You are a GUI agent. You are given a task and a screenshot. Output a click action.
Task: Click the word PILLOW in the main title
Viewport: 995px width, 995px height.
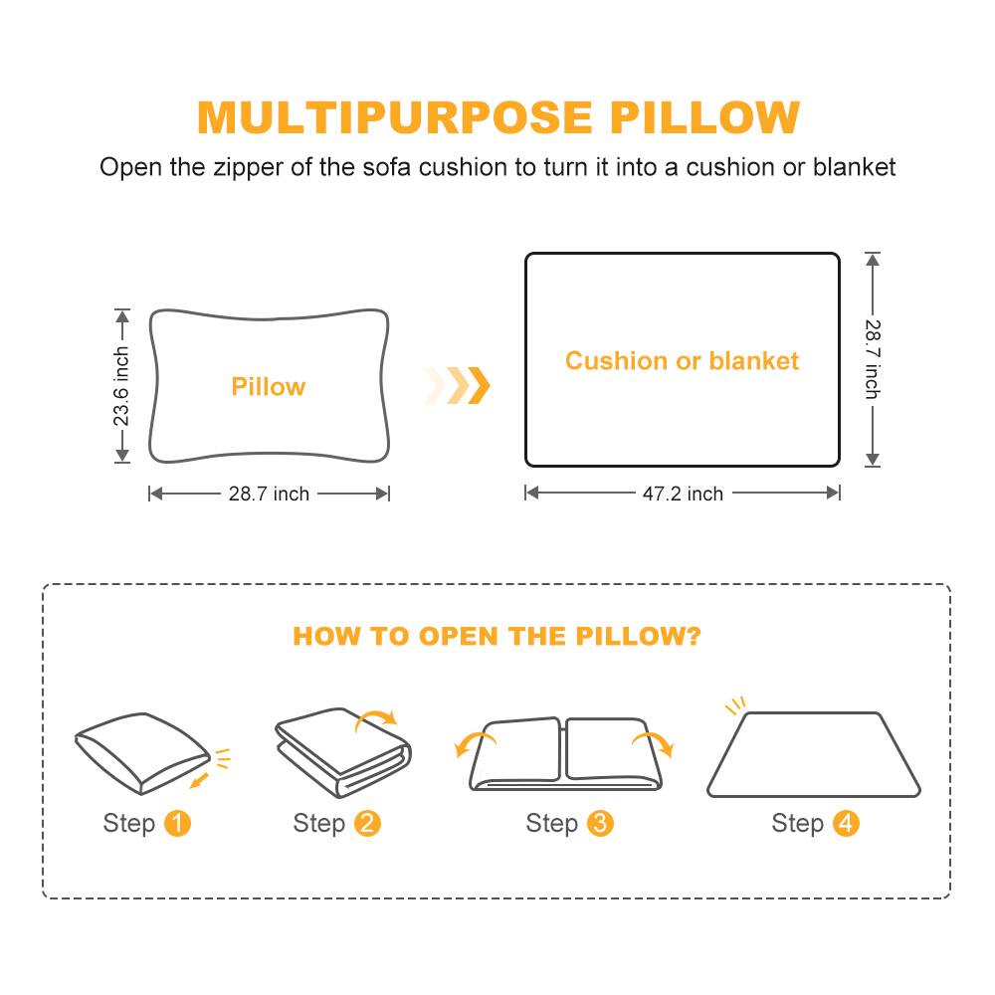coord(704,117)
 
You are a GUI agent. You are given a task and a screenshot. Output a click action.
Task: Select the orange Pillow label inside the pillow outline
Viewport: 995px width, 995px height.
coord(269,387)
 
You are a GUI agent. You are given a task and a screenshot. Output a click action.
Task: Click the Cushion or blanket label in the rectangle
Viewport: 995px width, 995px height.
coord(682,360)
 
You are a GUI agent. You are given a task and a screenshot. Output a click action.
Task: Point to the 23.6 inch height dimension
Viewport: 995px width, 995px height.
coord(121,386)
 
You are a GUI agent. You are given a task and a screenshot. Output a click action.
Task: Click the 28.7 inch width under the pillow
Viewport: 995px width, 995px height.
coord(269,494)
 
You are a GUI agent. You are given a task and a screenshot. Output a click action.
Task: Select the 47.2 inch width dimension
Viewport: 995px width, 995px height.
coord(683,494)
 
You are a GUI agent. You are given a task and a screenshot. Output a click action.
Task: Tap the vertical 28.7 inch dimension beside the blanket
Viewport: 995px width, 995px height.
coord(873,359)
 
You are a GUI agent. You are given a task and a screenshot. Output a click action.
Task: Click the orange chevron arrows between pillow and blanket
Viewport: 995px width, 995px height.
coord(459,385)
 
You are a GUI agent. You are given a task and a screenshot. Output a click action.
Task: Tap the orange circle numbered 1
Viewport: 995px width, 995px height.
coord(177,824)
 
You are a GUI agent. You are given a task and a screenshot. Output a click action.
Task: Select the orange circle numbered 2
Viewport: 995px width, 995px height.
coord(367,824)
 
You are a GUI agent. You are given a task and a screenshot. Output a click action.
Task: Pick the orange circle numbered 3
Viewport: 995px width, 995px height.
coord(600,824)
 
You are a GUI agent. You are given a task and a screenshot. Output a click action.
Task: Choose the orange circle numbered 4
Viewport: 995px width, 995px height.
coord(846,824)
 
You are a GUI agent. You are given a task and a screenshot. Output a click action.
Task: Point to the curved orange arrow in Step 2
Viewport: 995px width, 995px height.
coord(378,717)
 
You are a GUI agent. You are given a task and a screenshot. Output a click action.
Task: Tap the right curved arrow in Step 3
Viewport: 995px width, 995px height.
coord(653,742)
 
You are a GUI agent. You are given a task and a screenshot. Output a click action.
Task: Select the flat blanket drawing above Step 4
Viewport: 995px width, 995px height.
coord(813,755)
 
